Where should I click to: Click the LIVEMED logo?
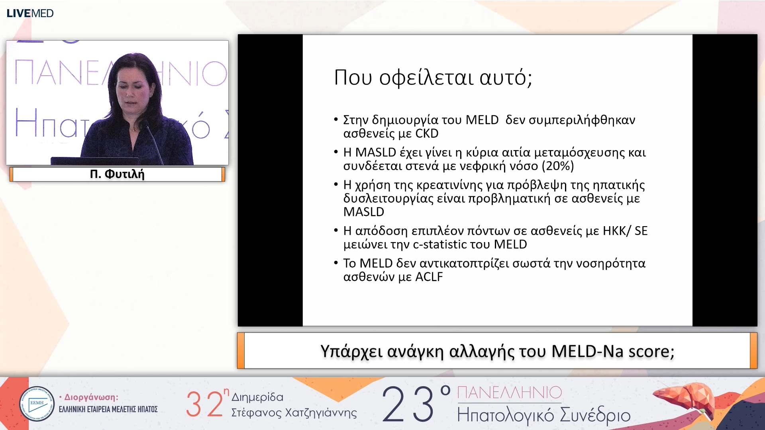click(x=30, y=13)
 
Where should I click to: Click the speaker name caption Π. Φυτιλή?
click(x=117, y=174)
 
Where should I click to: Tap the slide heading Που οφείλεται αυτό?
click(x=433, y=77)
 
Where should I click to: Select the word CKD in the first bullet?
click(x=427, y=133)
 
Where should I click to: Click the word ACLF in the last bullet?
click(x=429, y=277)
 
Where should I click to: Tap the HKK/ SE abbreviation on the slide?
click(x=625, y=231)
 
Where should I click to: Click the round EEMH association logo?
click(x=37, y=404)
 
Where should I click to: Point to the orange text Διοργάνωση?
click(x=91, y=397)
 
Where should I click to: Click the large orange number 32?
click(x=205, y=404)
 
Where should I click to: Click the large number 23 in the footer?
click(x=408, y=404)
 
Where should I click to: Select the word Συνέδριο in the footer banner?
click(x=595, y=415)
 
